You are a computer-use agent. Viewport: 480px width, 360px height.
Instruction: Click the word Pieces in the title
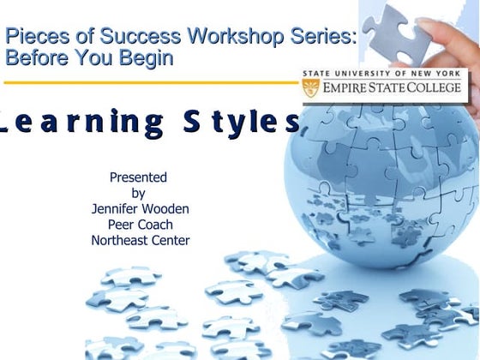pyautogui.click(x=33, y=37)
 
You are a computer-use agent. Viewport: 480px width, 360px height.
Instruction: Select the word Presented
pyautogui.click(x=138, y=177)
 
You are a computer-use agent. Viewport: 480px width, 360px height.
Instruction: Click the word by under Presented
pyautogui.click(x=138, y=193)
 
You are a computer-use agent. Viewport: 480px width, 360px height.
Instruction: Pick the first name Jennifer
pyautogui.click(x=117, y=208)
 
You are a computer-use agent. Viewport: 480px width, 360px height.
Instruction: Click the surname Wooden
pyautogui.click(x=166, y=208)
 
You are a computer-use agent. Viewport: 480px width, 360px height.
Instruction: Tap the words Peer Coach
pyautogui.click(x=140, y=224)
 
